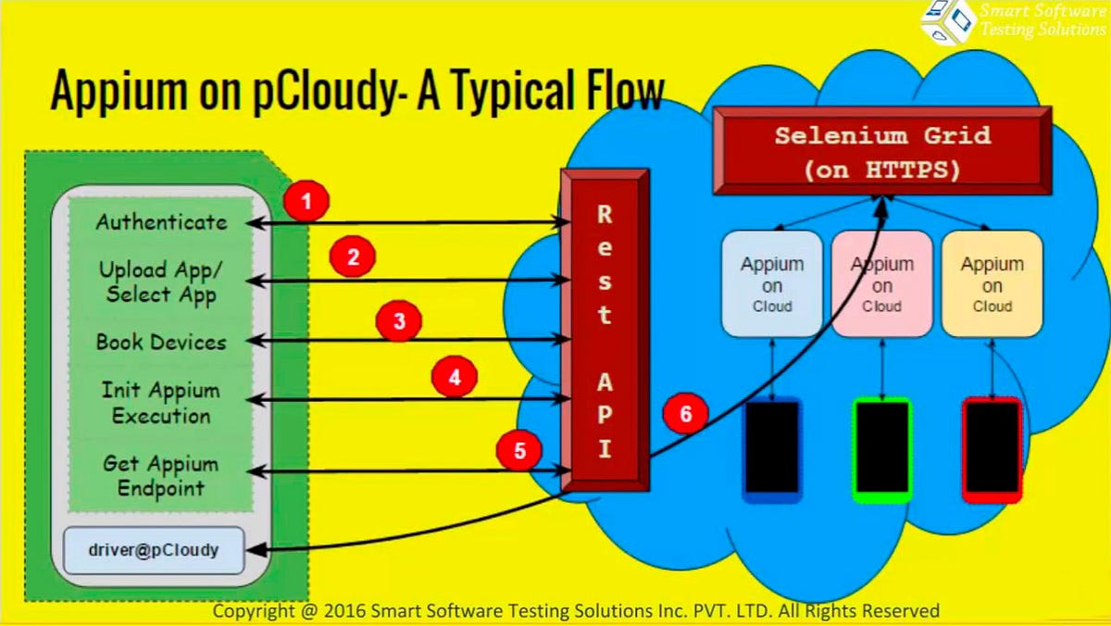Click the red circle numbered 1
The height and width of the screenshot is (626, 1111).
pyautogui.click(x=306, y=200)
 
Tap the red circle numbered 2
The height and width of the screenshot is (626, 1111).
pyautogui.click(x=353, y=257)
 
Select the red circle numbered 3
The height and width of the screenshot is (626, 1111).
pyautogui.click(x=399, y=322)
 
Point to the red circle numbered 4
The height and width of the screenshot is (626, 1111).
pyautogui.click(x=454, y=378)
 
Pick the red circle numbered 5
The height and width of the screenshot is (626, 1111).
pyautogui.click(x=519, y=450)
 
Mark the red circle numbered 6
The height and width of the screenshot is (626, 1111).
pyautogui.click(x=686, y=414)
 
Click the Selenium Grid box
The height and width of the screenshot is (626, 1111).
pyautogui.click(x=882, y=151)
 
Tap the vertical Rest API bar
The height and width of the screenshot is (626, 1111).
pyautogui.click(x=605, y=332)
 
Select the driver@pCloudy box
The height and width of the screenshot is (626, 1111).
pyautogui.click(x=154, y=549)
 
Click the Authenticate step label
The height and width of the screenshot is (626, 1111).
pyautogui.click(x=161, y=222)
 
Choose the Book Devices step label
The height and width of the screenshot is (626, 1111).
pyautogui.click(x=161, y=342)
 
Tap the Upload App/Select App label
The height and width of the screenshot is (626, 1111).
pyautogui.click(x=161, y=282)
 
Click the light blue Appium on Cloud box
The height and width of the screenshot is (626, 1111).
pyautogui.click(x=772, y=282)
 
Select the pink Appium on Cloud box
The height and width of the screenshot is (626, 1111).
pyautogui.click(x=881, y=282)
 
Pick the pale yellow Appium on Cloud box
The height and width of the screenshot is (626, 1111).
pyautogui.click(x=992, y=282)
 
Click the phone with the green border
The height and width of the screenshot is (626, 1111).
pyautogui.click(x=881, y=449)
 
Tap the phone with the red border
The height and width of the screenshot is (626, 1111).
pyautogui.click(x=992, y=449)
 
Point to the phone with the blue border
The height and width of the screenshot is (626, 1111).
pyautogui.click(x=772, y=449)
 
